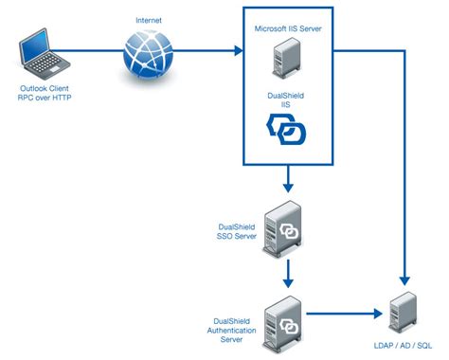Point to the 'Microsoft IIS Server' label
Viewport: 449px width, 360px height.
289,29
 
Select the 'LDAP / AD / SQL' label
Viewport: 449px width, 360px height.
404,344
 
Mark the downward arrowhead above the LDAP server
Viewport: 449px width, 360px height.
404,280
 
